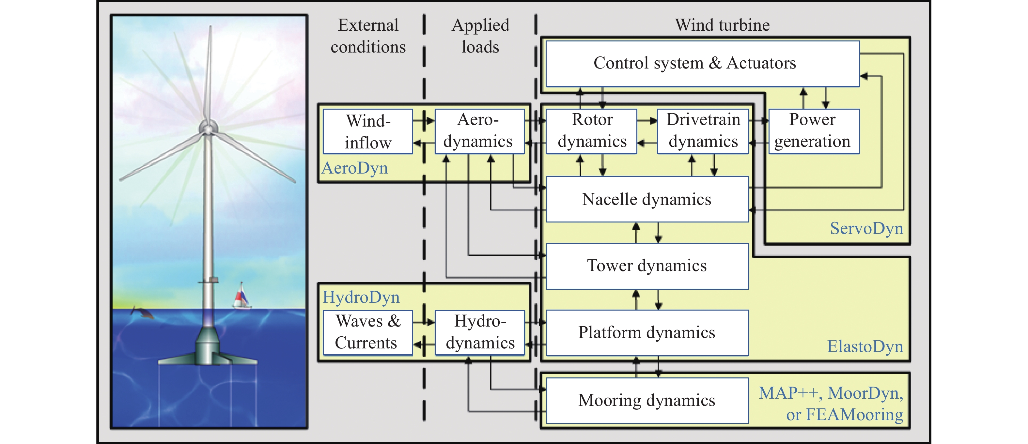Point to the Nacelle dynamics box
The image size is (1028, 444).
647,199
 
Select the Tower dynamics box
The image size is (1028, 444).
647,266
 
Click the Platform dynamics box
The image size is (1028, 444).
647,333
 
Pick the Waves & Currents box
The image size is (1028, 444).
367,333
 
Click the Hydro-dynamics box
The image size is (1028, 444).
479,333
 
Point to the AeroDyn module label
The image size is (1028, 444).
355,168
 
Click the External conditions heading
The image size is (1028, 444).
368,36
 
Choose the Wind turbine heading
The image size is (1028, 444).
722,25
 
